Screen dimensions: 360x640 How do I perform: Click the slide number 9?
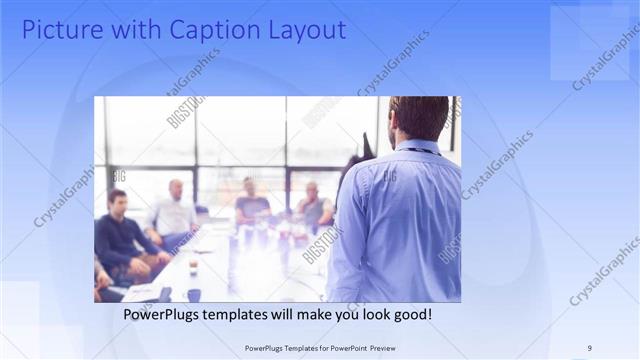pos(589,348)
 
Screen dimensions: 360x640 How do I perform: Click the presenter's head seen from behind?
pos(418,117)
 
